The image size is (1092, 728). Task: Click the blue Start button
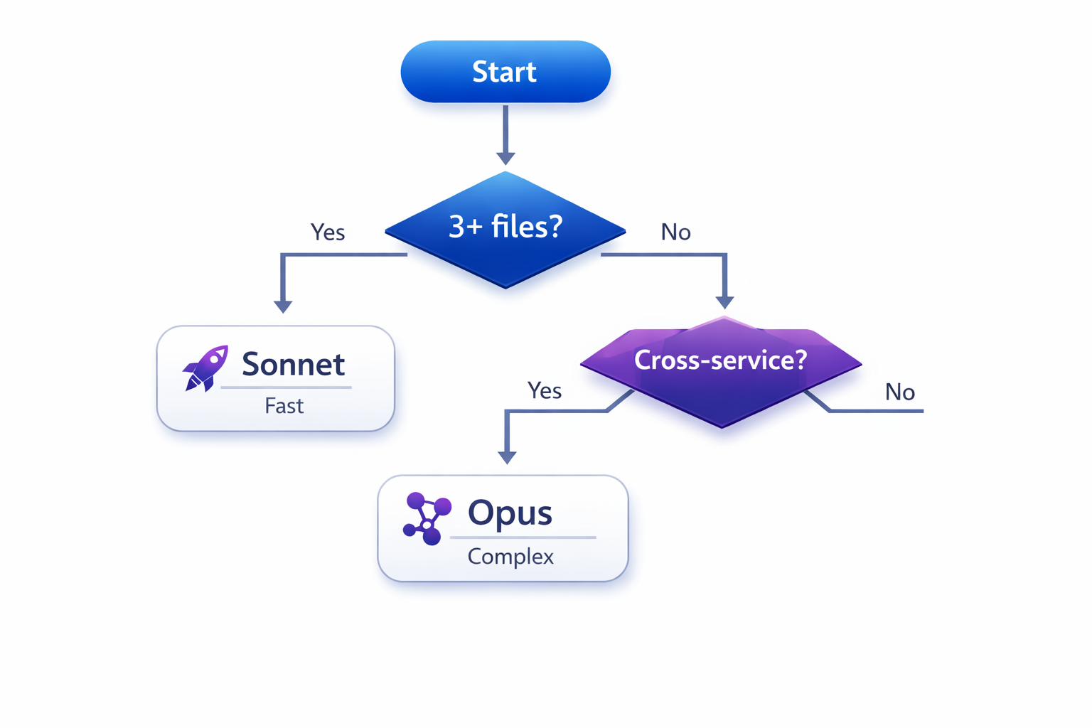point(505,72)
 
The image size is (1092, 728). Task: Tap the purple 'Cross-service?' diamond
point(721,370)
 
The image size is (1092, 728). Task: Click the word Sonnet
point(293,365)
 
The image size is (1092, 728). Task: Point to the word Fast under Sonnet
point(284,406)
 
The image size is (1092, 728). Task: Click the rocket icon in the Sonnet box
point(205,368)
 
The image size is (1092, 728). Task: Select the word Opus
point(510,513)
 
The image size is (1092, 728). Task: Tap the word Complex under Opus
point(510,556)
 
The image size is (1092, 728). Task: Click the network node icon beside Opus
point(427,518)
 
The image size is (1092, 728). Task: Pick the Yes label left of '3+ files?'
point(328,232)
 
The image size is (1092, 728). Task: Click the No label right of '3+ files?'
point(675,232)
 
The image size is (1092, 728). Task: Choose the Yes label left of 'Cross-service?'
point(545,391)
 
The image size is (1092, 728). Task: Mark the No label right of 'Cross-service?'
point(899,392)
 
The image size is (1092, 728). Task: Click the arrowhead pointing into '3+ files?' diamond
point(505,158)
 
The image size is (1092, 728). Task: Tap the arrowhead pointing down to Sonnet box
point(283,306)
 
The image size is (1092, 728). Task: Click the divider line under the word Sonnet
point(286,387)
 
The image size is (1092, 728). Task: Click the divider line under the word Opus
point(523,537)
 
